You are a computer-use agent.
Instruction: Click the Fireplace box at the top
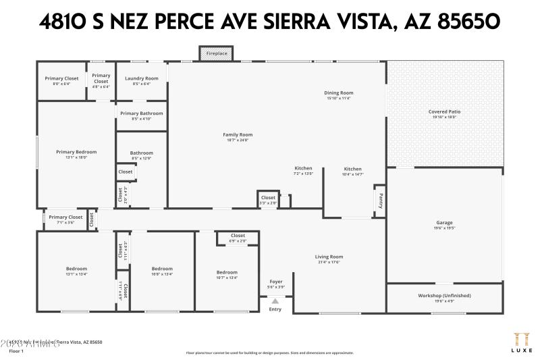pos(216,53)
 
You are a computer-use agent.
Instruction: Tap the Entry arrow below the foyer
pos(275,302)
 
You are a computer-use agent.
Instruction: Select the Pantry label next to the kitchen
pos(380,201)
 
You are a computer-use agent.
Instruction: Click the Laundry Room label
pos(142,78)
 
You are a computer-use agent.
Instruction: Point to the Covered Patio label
pos(444,111)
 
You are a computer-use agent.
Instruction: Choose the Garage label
pos(444,223)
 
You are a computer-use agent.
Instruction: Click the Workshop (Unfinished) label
pos(444,295)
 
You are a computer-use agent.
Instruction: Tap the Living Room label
pos(329,257)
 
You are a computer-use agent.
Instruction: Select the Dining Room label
pos(339,93)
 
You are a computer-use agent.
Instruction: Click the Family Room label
pos(238,134)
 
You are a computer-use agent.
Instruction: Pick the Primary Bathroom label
pos(142,113)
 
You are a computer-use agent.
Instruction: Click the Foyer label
pos(276,281)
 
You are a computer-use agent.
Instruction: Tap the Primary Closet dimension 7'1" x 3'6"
pos(65,222)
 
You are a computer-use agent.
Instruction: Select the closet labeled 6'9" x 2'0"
pos(238,240)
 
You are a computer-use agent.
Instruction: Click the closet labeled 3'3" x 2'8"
pos(268,203)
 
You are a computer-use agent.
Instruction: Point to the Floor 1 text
pos(16,351)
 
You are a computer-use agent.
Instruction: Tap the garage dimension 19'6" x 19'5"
pos(444,228)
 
